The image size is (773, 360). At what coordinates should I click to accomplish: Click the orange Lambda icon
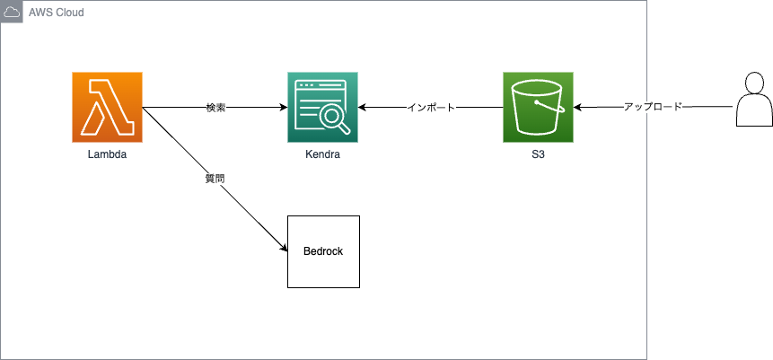(108, 108)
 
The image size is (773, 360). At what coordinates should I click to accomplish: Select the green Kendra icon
(323, 108)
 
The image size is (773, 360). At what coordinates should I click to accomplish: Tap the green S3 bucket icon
(539, 108)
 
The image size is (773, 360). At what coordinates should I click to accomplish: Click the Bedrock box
(323, 251)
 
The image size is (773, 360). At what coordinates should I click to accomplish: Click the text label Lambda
(108, 155)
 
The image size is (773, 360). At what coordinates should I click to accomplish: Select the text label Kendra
(323, 155)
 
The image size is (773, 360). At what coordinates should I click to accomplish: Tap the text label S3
(539, 155)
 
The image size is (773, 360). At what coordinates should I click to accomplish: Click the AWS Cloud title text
(56, 13)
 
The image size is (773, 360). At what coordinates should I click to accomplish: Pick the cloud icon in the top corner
(12, 12)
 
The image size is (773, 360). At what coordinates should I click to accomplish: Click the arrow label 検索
(215, 108)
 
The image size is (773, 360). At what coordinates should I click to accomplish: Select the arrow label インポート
(431, 108)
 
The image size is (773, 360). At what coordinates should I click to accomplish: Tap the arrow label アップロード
(653, 107)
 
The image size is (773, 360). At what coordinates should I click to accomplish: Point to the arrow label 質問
(215, 179)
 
